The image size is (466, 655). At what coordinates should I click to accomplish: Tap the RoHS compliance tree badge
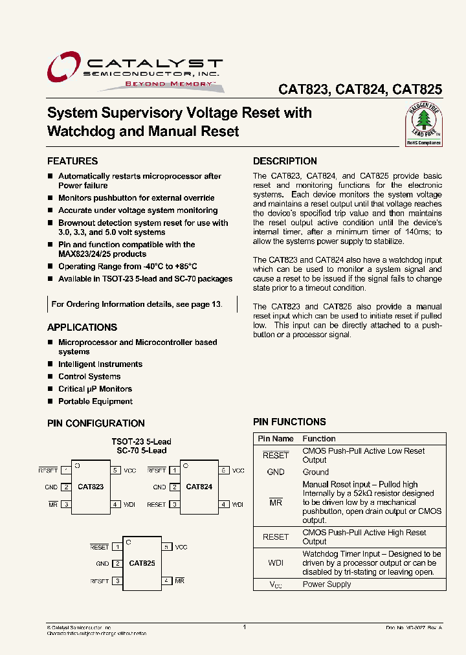423,125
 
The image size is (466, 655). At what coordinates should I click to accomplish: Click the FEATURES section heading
72,161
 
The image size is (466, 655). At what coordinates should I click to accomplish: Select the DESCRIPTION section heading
285,161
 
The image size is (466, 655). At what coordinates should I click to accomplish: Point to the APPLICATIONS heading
82,327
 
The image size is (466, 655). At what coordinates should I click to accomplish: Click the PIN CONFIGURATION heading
96,423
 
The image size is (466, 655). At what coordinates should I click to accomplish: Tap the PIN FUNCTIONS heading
289,422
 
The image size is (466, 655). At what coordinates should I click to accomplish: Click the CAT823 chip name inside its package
91,487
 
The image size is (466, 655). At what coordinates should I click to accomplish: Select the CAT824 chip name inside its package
199,487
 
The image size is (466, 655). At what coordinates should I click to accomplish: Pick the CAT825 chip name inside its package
142,563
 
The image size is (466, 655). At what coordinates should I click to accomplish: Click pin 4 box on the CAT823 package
116,504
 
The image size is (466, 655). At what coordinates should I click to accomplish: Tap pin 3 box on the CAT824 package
174,504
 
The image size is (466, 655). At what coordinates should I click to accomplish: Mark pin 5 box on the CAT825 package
167,547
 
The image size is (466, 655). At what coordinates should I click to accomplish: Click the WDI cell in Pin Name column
276,563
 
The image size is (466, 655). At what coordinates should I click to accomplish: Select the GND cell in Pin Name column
276,472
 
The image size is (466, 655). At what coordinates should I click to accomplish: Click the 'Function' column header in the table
319,439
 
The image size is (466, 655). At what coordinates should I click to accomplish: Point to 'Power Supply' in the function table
327,584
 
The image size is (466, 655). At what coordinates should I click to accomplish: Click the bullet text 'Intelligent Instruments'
100,364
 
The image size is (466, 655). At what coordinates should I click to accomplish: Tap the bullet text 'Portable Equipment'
95,401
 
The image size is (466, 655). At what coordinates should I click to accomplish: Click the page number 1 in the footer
244,627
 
